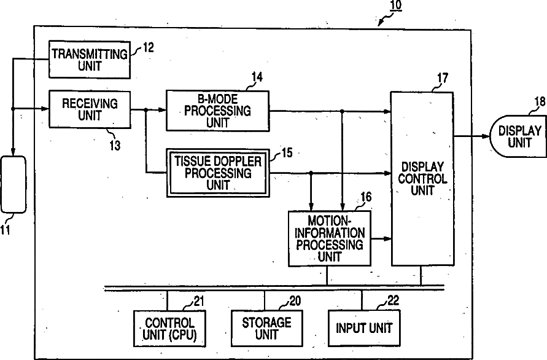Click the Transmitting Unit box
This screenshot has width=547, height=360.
tap(90, 59)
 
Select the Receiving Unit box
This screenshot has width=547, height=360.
tap(90, 108)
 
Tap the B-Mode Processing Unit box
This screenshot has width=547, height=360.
tap(217, 110)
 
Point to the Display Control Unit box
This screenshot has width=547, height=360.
tap(422, 178)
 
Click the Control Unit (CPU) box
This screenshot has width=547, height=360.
tap(169, 329)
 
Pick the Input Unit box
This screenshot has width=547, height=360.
tap(363, 328)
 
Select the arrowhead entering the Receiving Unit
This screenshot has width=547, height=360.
tap(45, 109)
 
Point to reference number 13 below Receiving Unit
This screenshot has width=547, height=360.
tap(114, 145)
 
